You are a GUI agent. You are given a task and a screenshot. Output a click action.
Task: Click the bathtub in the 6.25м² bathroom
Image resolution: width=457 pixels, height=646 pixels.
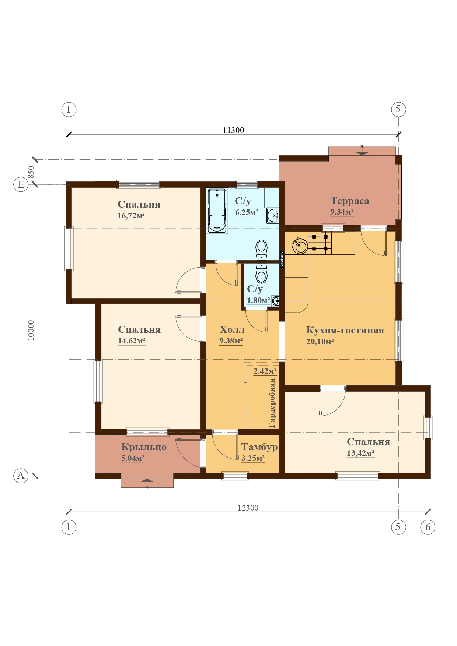(x=217, y=211)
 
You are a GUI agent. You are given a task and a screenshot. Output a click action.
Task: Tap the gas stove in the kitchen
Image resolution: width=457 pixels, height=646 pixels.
(x=320, y=243)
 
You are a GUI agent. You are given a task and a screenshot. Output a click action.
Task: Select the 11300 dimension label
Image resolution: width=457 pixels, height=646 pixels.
(x=233, y=130)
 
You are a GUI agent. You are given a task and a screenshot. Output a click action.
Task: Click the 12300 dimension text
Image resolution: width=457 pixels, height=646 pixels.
(x=248, y=508)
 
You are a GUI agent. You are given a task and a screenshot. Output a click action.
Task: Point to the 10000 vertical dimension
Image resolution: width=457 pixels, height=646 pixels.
(x=31, y=330)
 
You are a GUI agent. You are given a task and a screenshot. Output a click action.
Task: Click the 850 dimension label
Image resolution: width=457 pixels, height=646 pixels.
(x=31, y=172)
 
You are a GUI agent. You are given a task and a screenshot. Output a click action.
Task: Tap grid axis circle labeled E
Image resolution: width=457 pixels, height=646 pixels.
(x=21, y=184)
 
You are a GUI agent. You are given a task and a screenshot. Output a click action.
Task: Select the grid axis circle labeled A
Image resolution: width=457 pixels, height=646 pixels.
(x=21, y=476)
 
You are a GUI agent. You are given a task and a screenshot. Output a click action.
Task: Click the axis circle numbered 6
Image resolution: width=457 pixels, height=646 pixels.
(x=428, y=527)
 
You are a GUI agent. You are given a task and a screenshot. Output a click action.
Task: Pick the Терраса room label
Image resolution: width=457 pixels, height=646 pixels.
(x=350, y=201)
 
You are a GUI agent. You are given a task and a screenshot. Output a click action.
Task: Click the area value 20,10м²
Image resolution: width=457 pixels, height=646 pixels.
(x=320, y=342)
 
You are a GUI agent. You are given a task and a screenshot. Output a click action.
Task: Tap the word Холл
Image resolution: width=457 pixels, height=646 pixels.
(x=232, y=329)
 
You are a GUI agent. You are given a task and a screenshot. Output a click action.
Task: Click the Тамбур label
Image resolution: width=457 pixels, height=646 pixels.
(x=259, y=447)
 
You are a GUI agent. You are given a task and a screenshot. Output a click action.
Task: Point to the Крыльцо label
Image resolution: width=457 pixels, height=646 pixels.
(x=144, y=447)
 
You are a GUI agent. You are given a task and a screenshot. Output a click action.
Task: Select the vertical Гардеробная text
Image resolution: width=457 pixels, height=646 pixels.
(x=272, y=403)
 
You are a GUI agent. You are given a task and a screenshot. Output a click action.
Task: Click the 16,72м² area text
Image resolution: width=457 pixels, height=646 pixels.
(x=131, y=216)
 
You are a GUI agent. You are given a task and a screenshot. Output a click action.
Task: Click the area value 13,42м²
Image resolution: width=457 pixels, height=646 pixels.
(x=361, y=453)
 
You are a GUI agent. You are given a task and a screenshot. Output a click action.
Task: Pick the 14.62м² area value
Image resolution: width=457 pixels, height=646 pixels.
(x=132, y=341)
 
